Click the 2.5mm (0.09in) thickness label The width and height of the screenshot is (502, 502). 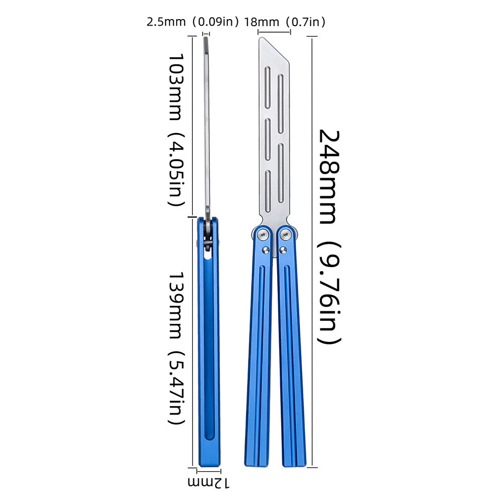pos(193,22)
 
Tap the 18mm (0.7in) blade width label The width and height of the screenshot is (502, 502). pos(285,22)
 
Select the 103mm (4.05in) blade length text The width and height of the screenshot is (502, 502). pos(176,130)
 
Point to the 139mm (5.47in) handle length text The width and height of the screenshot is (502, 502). pos(176,348)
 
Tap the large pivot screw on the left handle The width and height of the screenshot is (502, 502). pos(263,235)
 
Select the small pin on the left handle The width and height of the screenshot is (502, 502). pos(266,250)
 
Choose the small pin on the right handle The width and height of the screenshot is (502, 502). pos(283,250)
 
